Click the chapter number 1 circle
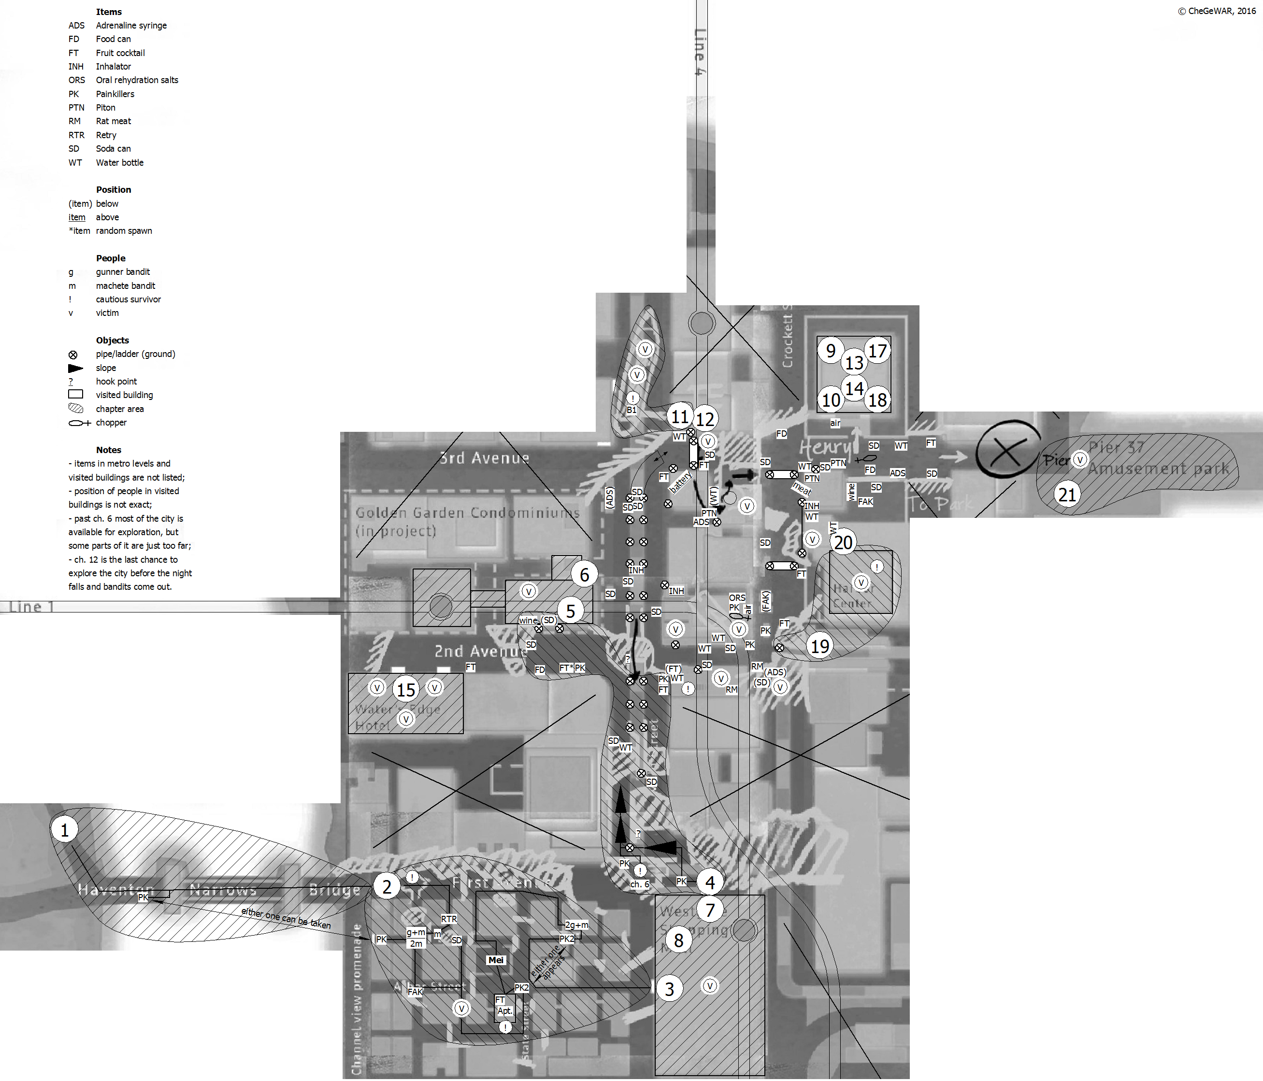click(x=65, y=830)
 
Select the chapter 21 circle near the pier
click(x=1067, y=494)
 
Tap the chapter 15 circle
click(x=406, y=690)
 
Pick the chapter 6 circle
click(x=584, y=575)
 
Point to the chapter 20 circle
click(x=843, y=542)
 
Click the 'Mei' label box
click(x=496, y=960)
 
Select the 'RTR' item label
click(x=449, y=919)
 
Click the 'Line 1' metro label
click(x=32, y=607)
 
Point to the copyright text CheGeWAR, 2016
click(x=1216, y=11)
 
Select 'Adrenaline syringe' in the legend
click(x=131, y=26)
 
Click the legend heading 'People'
click(x=110, y=258)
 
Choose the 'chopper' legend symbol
click(x=79, y=423)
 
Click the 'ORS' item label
click(x=737, y=598)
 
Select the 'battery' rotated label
click(x=680, y=483)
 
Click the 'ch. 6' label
click(x=639, y=884)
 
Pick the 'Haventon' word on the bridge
click(x=116, y=890)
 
